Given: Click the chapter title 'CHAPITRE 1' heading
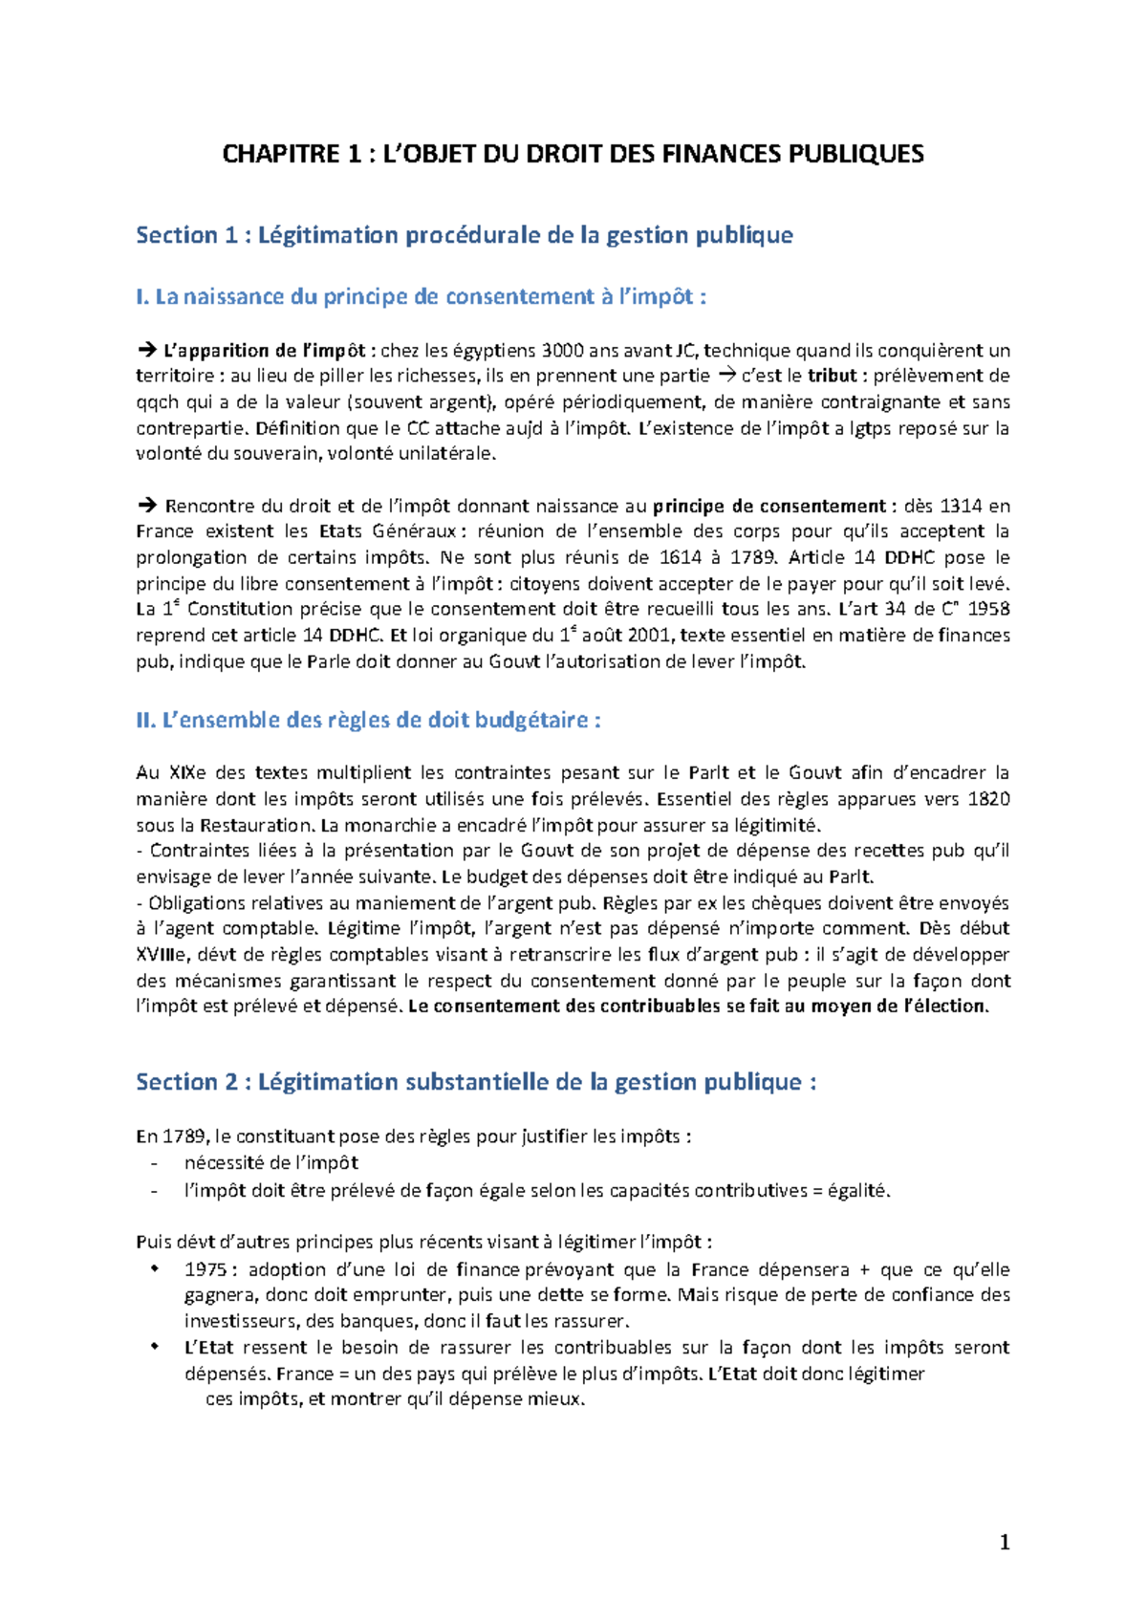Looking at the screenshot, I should (573, 154).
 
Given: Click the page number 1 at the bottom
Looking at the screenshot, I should (1004, 1542).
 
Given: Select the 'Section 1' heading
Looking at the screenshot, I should (464, 235).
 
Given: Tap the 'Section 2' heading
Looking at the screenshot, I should (475, 1082).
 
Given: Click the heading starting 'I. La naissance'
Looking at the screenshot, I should (421, 297).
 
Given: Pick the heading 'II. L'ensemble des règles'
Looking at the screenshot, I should (368, 720).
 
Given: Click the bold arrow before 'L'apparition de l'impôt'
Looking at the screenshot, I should (146, 351).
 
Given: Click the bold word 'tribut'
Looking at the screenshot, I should (832, 376).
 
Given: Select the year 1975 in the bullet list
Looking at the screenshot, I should (206, 1269).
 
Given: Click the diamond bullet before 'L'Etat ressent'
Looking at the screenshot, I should (155, 1347).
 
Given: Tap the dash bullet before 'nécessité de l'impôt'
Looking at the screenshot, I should (154, 1163).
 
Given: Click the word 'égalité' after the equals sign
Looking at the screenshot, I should (858, 1190).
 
